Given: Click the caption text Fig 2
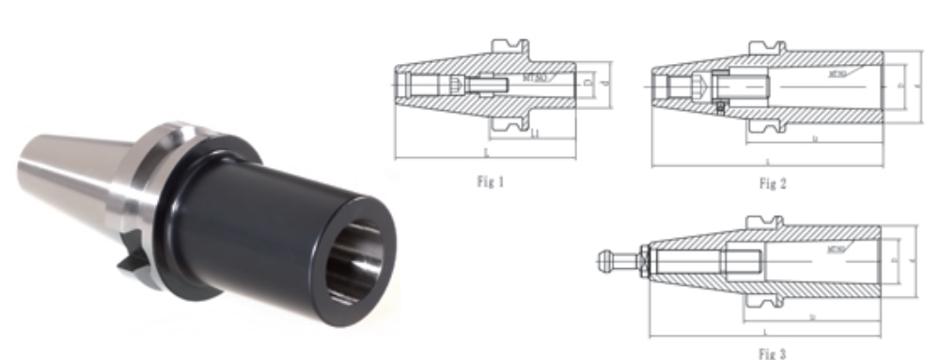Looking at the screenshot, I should click(x=771, y=184).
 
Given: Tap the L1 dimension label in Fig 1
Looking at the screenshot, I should click(x=535, y=136).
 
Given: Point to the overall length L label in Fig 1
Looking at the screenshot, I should click(x=485, y=150).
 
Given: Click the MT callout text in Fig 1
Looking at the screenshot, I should click(x=537, y=79).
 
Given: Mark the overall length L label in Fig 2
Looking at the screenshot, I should click(x=768, y=162).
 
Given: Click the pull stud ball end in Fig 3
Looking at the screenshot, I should click(x=604, y=255).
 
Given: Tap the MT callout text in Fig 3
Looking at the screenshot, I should click(x=836, y=249).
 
